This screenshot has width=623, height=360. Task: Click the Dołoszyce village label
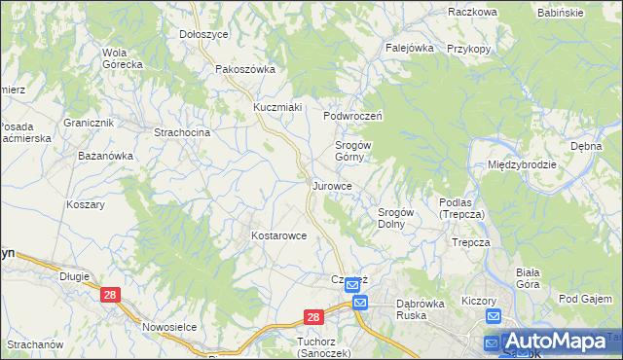pyautogui.click(x=203, y=33)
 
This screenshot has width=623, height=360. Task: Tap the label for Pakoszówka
pyautogui.click(x=246, y=69)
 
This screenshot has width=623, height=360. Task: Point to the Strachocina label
pyautogui.click(x=183, y=131)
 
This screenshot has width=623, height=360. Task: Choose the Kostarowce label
pyautogui.click(x=279, y=235)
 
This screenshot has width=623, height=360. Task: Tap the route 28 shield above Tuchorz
pyautogui.click(x=312, y=317)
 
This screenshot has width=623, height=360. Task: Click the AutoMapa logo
pyautogui.click(x=557, y=342)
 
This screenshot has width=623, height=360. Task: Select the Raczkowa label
pyautogui.click(x=473, y=12)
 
